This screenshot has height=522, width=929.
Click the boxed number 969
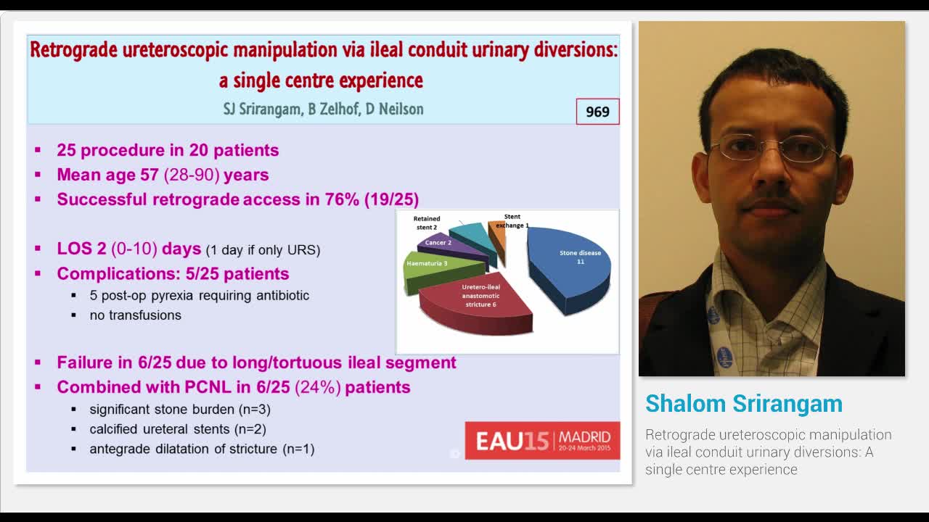[x=597, y=112]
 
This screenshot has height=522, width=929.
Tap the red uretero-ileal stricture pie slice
[x=475, y=304]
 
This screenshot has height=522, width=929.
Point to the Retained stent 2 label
[x=426, y=223]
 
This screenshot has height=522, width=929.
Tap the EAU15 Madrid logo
[x=542, y=440]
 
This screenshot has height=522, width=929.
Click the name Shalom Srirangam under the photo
[x=743, y=404]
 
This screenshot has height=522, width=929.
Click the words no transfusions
[x=135, y=315]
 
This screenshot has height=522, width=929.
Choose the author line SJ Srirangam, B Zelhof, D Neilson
[x=323, y=109]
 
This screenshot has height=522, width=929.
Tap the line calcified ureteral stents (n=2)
[x=177, y=429]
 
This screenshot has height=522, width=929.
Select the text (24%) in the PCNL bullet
[x=317, y=387]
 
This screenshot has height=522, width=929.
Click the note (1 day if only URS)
[x=263, y=250]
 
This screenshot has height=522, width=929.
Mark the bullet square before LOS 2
[x=38, y=249]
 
